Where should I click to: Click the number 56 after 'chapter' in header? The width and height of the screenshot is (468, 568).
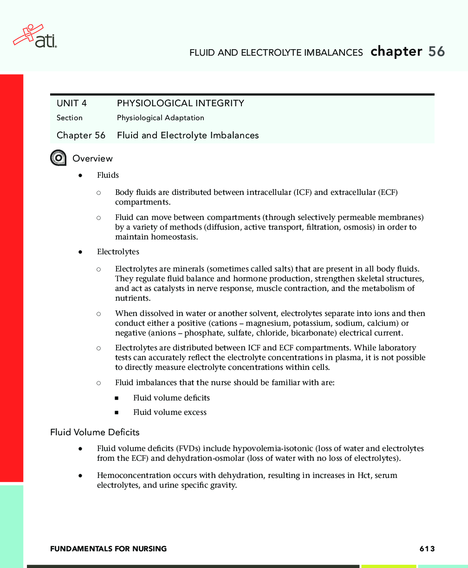pos(436,52)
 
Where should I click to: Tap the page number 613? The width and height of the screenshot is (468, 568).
pos(427,549)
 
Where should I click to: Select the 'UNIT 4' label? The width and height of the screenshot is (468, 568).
pos(71,103)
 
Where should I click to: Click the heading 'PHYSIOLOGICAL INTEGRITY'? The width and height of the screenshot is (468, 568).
pos(180,103)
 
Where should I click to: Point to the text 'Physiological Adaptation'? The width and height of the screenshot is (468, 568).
pos(160,118)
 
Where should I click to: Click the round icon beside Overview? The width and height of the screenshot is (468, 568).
pos(58,158)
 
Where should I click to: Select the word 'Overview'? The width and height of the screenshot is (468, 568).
pos(92,159)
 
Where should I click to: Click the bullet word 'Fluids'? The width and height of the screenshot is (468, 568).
pos(108,175)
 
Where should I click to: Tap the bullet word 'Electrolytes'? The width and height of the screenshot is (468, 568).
pos(118,252)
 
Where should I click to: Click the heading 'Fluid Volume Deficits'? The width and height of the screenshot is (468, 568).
pos(95,432)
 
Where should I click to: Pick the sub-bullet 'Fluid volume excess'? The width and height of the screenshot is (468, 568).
pos(169,412)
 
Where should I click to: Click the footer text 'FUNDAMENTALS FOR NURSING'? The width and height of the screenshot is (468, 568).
pos(108,549)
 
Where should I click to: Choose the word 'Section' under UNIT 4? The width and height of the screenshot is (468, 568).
pos(70,118)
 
